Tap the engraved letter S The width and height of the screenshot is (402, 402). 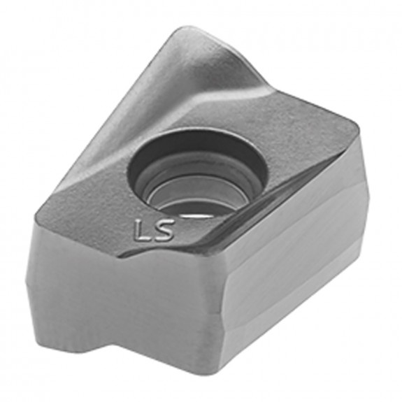pyautogui.click(x=164, y=229)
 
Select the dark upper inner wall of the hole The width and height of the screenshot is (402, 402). pyautogui.click(x=197, y=143)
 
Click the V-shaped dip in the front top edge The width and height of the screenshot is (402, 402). pyautogui.click(x=143, y=253)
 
